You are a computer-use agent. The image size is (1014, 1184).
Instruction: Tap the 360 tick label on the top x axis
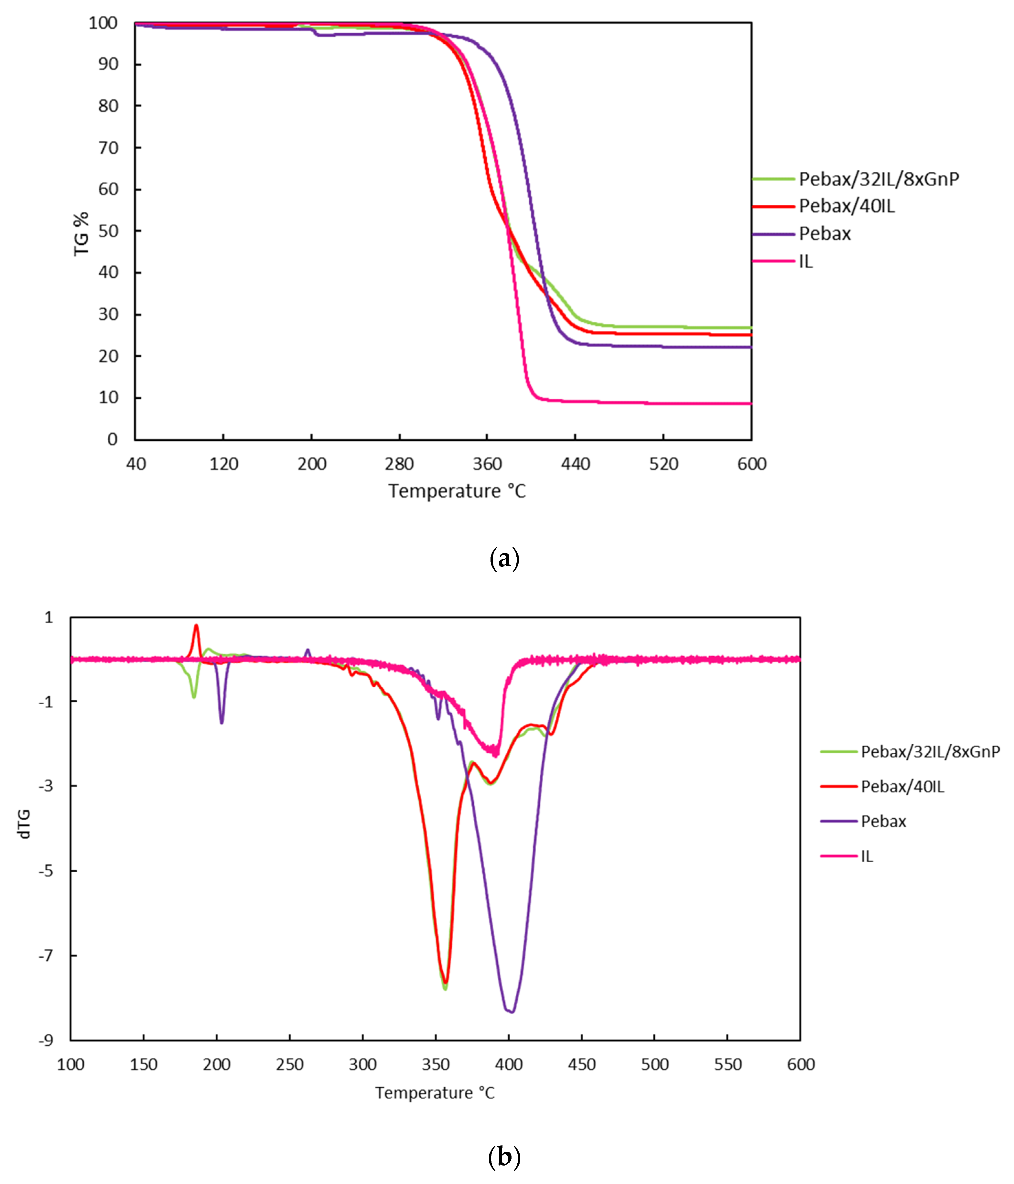pyautogui.click(x=487, y=463)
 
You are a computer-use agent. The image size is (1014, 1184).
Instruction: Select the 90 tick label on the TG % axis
pyautogui.click(x=108, y=64)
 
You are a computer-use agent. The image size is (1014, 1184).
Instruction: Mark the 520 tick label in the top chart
pyautogui.click(x=663, y=463)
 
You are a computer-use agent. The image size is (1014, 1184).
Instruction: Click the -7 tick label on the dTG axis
pyautogui.click(x=46, y=955)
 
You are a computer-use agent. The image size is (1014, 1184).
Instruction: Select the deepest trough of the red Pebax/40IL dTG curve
pyautogui.click(x=445, y=982)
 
